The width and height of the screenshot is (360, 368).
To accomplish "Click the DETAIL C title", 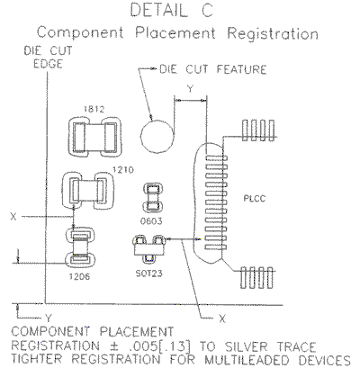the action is (x=172, y=10).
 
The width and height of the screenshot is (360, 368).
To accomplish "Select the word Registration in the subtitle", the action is (x=273, y=33).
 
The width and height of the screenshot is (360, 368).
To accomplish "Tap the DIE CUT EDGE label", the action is (x=48, y=58).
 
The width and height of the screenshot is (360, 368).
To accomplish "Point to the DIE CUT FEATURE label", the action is (x=212, y=69).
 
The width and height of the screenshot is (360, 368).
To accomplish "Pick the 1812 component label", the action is (x=94, y=109).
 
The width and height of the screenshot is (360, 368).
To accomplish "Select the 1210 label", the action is (x=123, y=170).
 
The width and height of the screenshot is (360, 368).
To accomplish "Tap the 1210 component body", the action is (x=88, y=191).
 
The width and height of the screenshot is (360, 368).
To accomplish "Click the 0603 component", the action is (x=152, y=197).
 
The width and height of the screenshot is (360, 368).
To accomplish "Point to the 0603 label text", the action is (x=151, y=221).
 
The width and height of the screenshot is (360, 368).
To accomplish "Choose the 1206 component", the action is (x=80, y=247).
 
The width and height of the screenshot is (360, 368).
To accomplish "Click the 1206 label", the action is (x=79, y=276).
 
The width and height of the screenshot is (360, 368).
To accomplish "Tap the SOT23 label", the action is (x=149, y=274).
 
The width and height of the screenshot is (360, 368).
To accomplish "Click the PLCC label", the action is (x=255, y=199).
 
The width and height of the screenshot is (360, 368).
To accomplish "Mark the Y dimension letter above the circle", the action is (x=190, y=89).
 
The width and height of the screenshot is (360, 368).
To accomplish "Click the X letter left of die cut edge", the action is (x=13, y=217).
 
